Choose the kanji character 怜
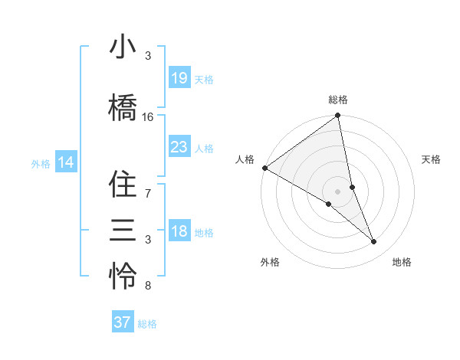pyautogui.click(x=123, y=277)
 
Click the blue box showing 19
pyautogui.click(x=179, y=78)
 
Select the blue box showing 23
pyautogui.click(x=179, y=147)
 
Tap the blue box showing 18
pyautogui.click(x=179, y=231)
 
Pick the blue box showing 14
pyautogui.click(x=66, y=162)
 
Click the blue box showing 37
pyautogui.click(x=123, y=322)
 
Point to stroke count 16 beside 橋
pyautogui.click(x=148, y=117)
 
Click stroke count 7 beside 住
pyautogui.click(x=148, y=192)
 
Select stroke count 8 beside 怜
pyautogui.click(x=148, y=286)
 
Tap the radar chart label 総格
pyautogui.click(x=338, y=100)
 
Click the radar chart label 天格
pyautogui.click(x=432, y=159)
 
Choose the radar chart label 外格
pyautogui.click(x=270, y=262)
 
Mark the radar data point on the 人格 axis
pyautogui.click(x=264, y=168)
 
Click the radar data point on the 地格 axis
pyautogui.click(x=374, y=242)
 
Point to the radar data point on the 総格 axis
pyautogui.click(x=338, y=116)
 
